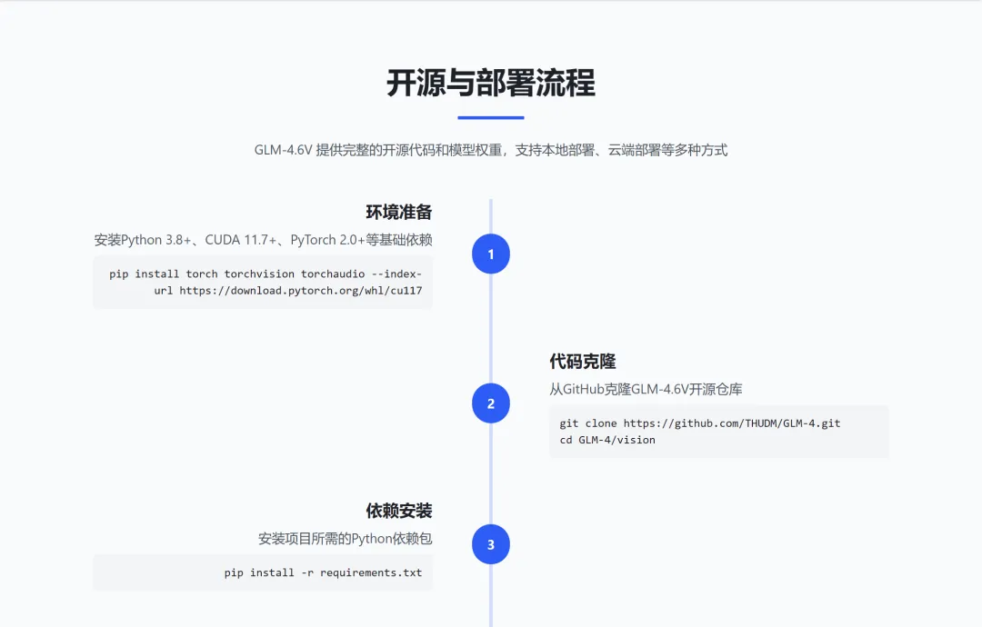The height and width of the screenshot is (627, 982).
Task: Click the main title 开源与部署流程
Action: pos(490,83)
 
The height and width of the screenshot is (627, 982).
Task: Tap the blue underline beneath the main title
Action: pos(490,117)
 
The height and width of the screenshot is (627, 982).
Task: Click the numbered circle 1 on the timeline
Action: pos(491,254)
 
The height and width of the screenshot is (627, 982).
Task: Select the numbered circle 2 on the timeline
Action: pos(491,403)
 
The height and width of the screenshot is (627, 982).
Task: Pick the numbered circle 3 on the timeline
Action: pos(491,545)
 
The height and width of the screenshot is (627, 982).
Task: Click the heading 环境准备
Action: pos(398,213)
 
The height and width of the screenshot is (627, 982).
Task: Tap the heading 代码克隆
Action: pos(583,362)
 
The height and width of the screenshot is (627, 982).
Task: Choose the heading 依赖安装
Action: pos(398,511)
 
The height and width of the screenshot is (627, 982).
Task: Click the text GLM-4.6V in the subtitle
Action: pos(283,150)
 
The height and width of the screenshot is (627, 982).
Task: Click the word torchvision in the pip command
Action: pos(259,274)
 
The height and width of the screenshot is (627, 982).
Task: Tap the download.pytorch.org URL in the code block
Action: pos(300,291)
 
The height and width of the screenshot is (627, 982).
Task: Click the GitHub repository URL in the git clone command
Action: pos(731,423)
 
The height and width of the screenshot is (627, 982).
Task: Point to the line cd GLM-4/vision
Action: pos(607,440)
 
